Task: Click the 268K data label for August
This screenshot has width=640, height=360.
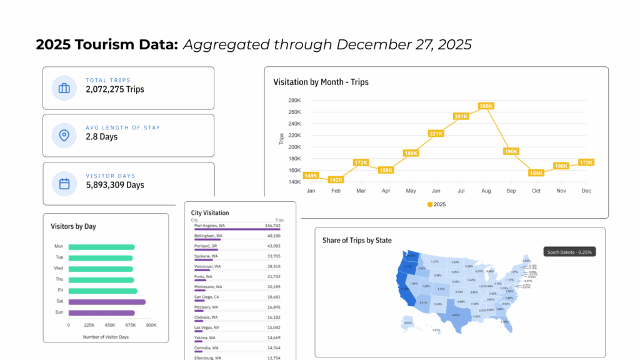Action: tap(486, 106)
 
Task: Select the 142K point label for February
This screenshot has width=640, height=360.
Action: tap(336, 180)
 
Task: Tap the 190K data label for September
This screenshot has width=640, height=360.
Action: tap(511, 151)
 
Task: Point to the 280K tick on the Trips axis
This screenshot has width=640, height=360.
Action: tap(294, 100)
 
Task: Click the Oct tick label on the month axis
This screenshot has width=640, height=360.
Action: tap(536, 190)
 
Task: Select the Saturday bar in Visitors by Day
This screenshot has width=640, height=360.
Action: tap(107, 302)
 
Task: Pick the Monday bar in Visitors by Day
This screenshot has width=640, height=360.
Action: tap(102, 247)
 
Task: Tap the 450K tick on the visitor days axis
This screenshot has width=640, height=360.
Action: tap(110, 325)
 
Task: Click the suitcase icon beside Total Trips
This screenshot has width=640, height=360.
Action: tap(64, 88)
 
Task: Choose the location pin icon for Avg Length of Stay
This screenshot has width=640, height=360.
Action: tap(64, 135)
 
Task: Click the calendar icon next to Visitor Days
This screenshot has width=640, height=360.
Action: tap(64, 184)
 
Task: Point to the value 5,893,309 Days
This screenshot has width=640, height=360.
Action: tap(115, 185)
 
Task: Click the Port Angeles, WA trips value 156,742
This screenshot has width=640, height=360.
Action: tap(272, 225)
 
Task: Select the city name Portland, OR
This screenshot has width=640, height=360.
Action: tap(206, 246)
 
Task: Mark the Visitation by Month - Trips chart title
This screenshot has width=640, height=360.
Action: tap(321, 82)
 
